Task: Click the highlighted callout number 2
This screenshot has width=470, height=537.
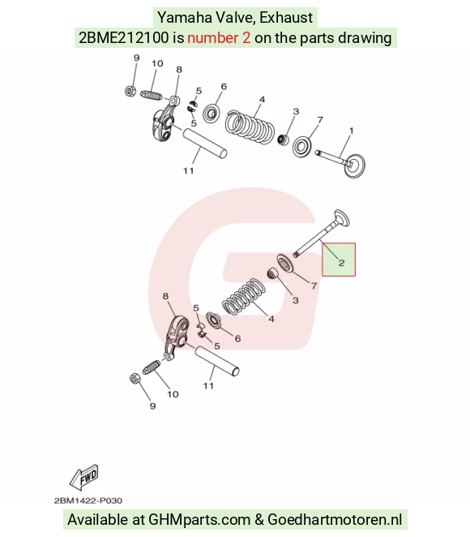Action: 341,263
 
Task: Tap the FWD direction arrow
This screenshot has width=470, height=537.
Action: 83,477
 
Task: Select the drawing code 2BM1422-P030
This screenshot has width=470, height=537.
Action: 88,500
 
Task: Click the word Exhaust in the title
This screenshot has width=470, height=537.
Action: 286,18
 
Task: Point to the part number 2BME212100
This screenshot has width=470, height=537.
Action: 124,37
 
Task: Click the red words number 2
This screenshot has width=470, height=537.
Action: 219,37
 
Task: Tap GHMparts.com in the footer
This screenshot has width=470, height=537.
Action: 199,519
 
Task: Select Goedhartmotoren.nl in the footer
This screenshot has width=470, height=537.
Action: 335,519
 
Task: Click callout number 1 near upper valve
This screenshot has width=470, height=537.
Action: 351,131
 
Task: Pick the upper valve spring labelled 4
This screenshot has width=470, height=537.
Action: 250,126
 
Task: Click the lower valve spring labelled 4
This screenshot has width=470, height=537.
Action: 244,296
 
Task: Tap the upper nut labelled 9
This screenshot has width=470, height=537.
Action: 130,91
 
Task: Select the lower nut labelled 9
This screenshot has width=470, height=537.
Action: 135,378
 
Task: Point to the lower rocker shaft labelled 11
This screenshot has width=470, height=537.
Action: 217,362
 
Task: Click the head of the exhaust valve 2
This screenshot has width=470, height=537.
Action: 341,218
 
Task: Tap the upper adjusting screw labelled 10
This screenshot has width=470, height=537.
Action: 152,95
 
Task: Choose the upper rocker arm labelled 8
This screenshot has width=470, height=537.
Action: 163,122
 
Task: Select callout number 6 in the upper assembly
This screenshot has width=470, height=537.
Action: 224,86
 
